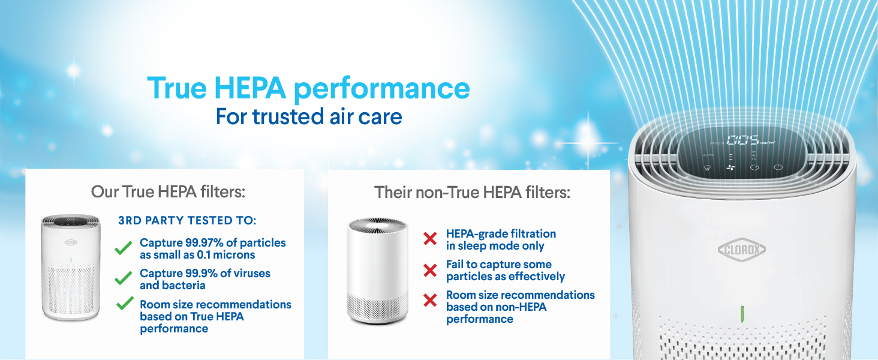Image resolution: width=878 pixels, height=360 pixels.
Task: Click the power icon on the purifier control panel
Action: pos(778,167)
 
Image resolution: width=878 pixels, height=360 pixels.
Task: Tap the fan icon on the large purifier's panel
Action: pos(730,169)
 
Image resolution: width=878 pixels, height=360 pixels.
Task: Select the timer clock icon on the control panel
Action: pos(754,168)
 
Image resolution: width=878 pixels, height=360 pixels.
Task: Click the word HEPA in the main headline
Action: pos(250,88)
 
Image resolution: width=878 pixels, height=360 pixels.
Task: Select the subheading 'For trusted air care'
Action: pos(309,116)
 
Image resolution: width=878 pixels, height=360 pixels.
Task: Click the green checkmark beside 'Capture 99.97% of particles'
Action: pos(124,248)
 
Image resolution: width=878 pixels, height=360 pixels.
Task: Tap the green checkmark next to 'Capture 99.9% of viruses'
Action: pos(124,278)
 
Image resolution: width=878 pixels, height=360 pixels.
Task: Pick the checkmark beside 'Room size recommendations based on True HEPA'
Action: pos(125,304)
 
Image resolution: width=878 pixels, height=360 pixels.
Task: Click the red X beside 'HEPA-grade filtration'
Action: pos(430,239)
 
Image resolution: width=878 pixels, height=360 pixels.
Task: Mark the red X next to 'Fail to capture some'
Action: pos(430,271)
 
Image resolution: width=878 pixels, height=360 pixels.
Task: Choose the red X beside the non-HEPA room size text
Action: pos(430,300)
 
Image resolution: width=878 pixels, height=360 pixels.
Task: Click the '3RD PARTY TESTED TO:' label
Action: pos(188,221)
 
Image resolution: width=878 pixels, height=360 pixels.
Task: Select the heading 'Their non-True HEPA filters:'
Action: pos(472,193)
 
